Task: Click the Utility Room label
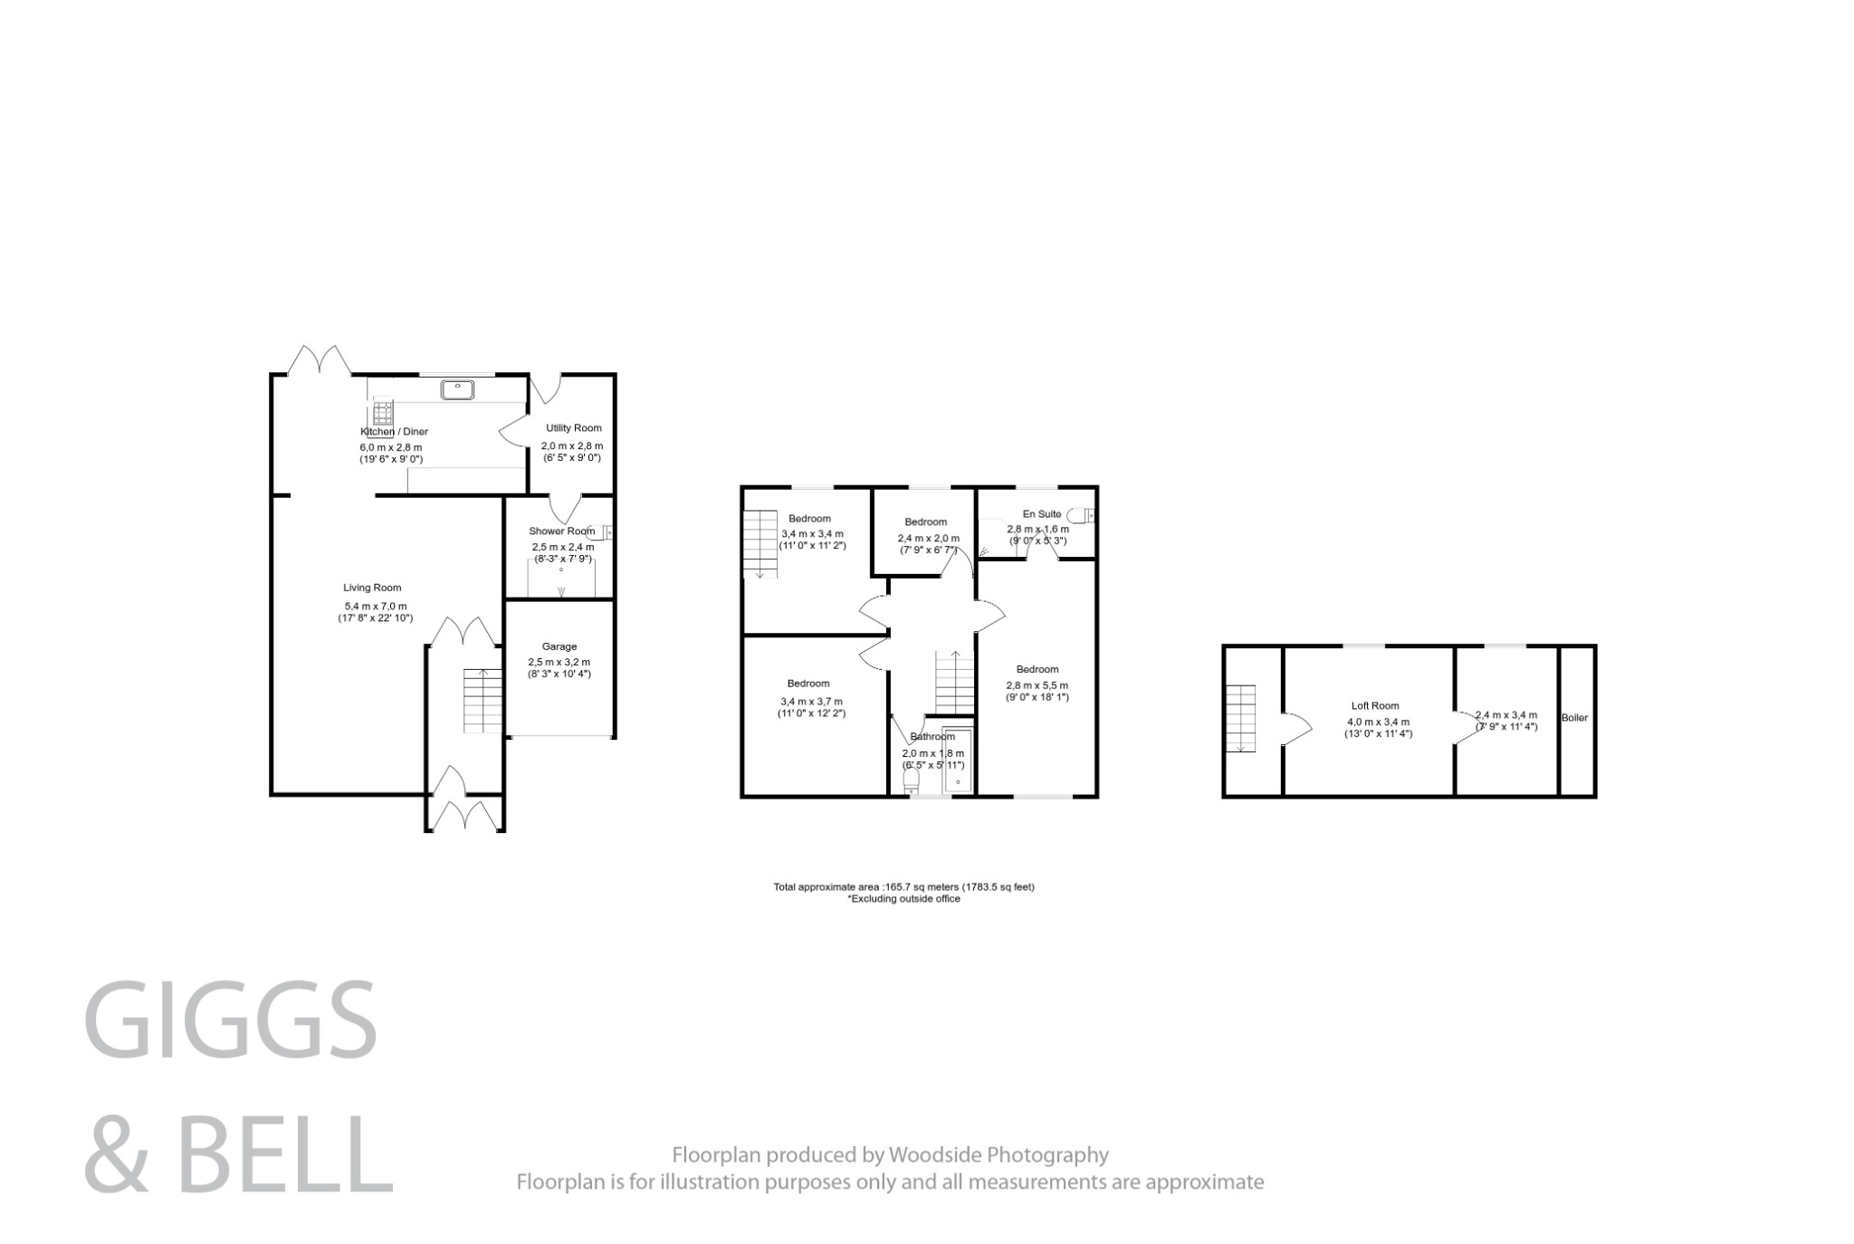tap(573, 428)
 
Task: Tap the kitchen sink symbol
tap(458, 390)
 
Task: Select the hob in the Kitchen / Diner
tap(383, 413)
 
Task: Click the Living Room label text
tap(372, 588)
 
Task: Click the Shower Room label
tap(562, 531)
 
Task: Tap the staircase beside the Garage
tap(483, 701)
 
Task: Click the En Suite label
tap(1041, 514)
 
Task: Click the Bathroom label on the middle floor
tap(932, 737)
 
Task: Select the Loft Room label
tap(1375, 706)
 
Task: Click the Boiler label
tap(1574, 718)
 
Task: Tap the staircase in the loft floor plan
tap(1241, 718)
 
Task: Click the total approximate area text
tap(903, 887)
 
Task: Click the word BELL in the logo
tap(285, 1153)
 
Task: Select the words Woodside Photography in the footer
tap(999, 1155)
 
